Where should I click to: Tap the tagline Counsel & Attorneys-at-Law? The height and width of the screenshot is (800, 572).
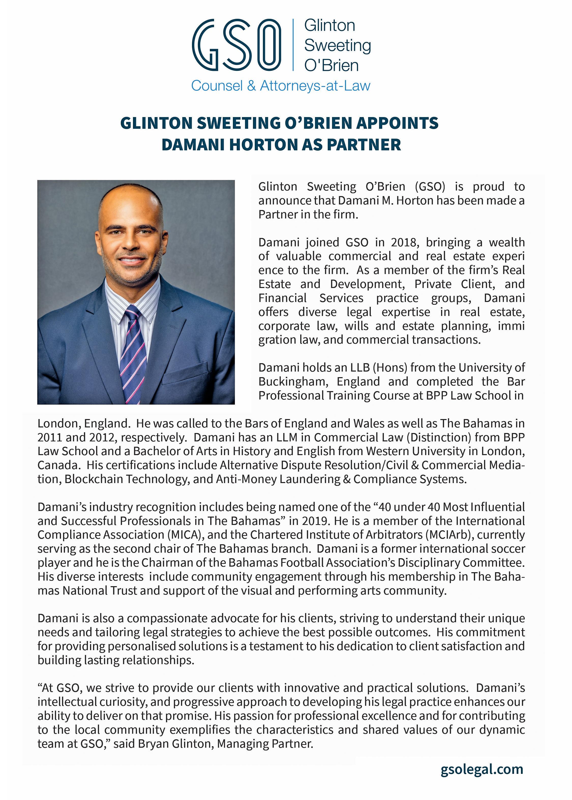pyautogui.click(x=280, y=86)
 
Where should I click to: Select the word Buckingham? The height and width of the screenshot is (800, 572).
pyautogui.click(x=293, y=382)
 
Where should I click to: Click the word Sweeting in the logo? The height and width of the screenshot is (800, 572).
pyautogui.click(x=337, y=45)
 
